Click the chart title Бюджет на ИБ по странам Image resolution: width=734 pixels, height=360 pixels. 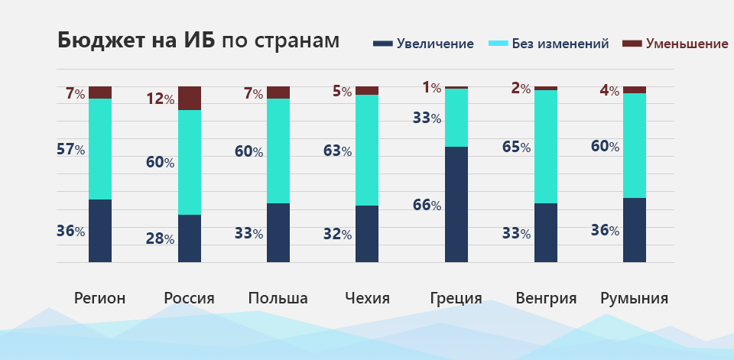pyautogui.click(x=198, y=41)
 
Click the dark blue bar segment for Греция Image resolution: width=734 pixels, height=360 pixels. pyautogui.click(x=456, y=204)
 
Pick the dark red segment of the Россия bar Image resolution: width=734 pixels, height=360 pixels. pyautogui.click(x=190, y=98)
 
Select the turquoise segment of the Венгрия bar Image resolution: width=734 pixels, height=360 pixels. pyautogui.click(x=546, y=146)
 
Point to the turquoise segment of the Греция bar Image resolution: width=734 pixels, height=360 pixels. pyautogui.click(x=456, y=117)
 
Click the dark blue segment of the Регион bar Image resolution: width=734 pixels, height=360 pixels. pyautogui.click(x=100, y=230)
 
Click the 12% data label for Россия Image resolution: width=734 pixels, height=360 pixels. pyautogui.click(x=161, y=99)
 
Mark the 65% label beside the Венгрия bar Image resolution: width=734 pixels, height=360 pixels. pyautogui.click(x=517, y=146)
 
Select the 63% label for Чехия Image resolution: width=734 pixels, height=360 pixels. pyautogui.click(x=337, y=151)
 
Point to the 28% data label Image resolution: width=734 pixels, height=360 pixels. pyautogui.click(x=160, y=238)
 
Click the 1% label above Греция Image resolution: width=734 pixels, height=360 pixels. pyautogui.click(x=432, y=88)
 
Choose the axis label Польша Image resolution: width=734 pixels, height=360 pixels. pyautogui.click(x=278, y=298)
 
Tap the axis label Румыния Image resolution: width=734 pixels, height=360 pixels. pyautogui.click(x=634, y=298)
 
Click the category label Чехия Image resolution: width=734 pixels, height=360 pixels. pyautogui.click(x=367, y=298)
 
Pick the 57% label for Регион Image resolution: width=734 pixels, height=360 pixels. pyautogui.click(x=70, y=149)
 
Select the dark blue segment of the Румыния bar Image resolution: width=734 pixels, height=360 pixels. pyautogui.click(x=635, y=229)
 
